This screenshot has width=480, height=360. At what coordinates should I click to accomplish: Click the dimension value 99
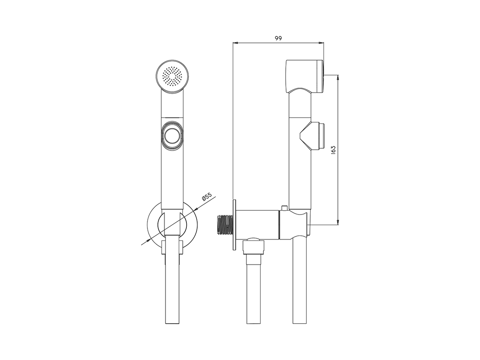pyautogui.click(x=278, y=38)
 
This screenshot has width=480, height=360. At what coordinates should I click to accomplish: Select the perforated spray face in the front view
pyautogui.click(x=172, y=77)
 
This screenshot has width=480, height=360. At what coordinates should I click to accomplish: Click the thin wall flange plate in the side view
pyautogui.click(x=234, y=224)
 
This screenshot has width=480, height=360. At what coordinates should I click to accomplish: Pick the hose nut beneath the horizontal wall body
pyautogui.click(x=254, y=247)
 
